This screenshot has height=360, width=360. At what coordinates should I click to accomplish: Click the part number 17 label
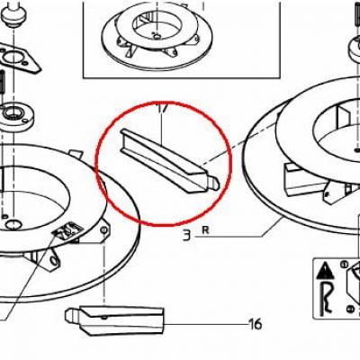pyautogui.click(x=162, y=109)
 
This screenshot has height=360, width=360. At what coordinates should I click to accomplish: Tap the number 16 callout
pyautogui.click(x=256, y=324)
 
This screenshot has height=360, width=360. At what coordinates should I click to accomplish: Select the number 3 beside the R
pyautogui.click(x=186, y=236)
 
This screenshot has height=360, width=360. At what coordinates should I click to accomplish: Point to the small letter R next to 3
pyautogui.click(x=205, y=230)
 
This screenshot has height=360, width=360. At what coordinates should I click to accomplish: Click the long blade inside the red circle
pyautogui.click(x=170, y=160)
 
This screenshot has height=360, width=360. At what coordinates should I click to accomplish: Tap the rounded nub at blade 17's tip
pyautogui.click(x=215, y=184)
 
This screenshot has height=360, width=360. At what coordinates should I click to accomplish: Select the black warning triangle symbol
pyautogui.click(x=325, y=271)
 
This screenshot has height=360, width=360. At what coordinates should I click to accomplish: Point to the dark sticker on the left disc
pyautogui.click(x=67, y=229)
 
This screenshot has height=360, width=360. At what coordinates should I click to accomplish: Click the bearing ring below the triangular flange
pyautogui.click(x=16, y=116)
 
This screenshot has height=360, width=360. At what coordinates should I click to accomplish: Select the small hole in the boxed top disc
pyautogui.click(x=157, y=36)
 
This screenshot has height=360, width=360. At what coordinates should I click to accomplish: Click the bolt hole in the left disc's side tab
pyautogui.click(x=103, y=230)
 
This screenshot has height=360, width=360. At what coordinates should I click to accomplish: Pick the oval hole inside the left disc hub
pyautogui.click(x=13, y=224)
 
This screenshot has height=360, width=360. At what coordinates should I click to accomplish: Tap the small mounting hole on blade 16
pyautogui.click(x=103, y=317)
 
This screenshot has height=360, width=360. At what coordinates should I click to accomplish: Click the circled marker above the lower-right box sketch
pyautogui.click(x=344, y=265)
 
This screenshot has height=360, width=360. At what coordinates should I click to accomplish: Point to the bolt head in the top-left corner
pyautogui.click(x=13, y=16)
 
